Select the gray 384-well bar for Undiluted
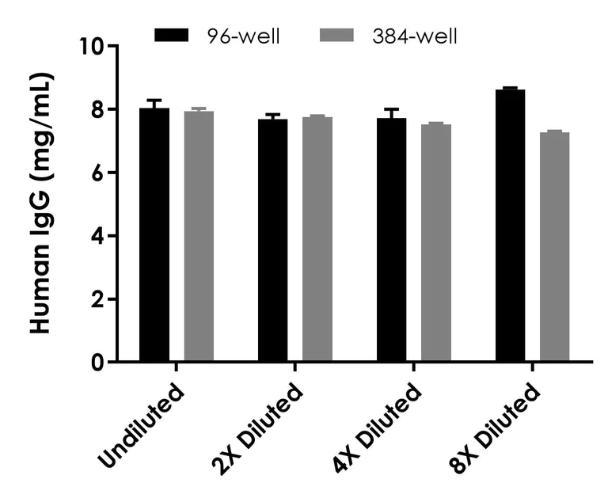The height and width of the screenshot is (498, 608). (x=199, y=237)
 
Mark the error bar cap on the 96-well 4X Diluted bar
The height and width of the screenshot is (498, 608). (x=391, y=109)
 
